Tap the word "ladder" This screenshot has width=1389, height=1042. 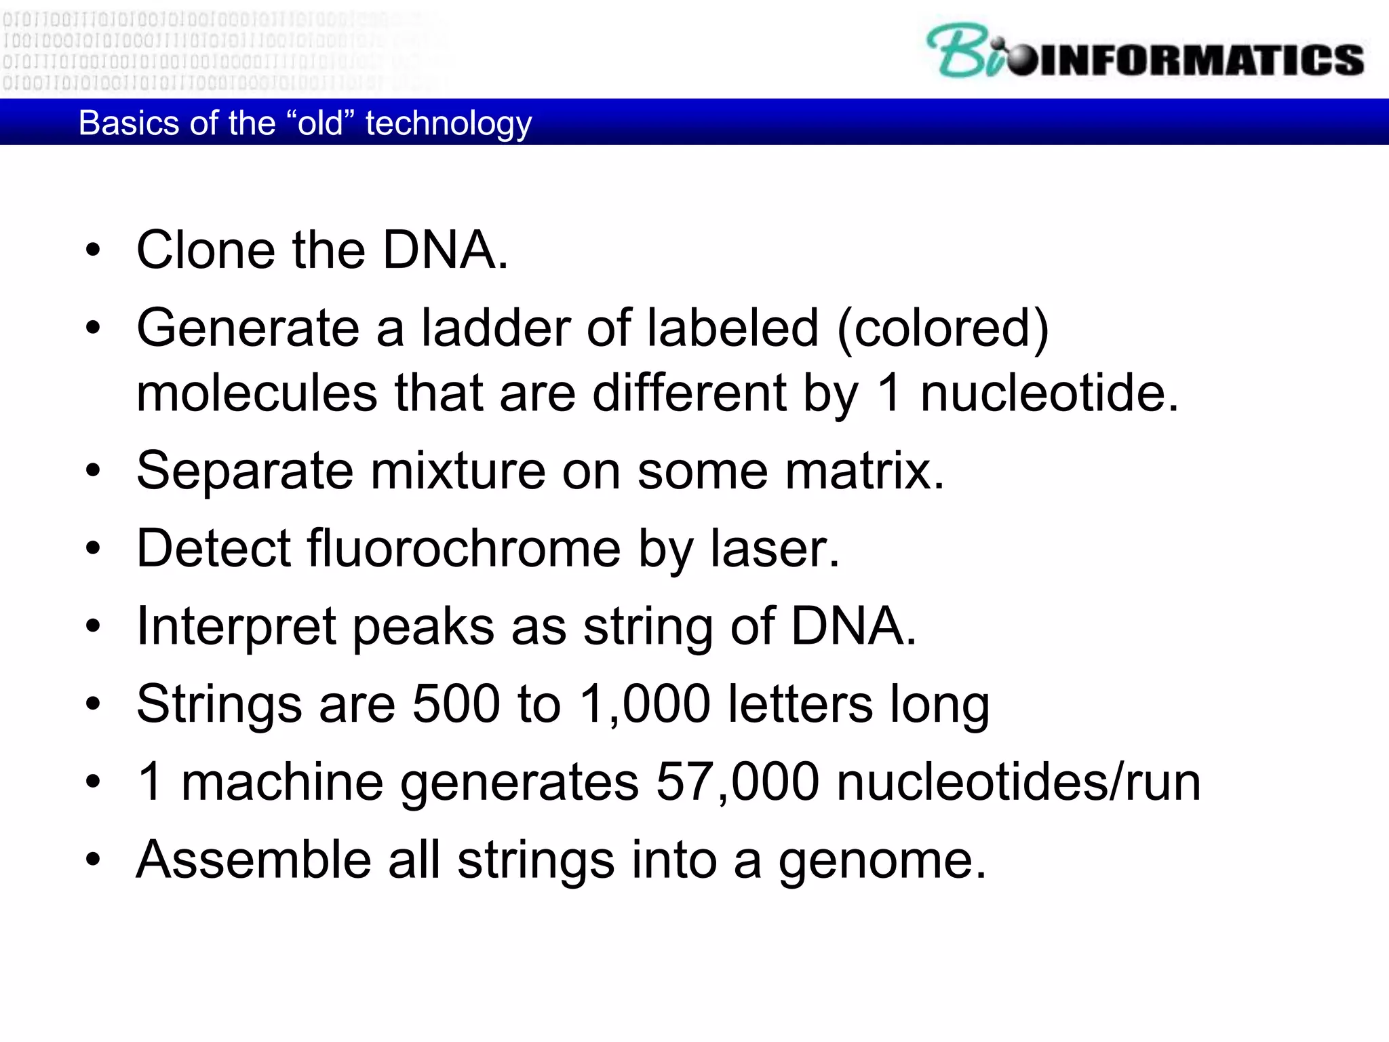click(x=496, y=328)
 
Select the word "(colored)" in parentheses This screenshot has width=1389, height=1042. click(x=943, y=328)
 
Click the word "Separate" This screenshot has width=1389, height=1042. click(x=245, y=471)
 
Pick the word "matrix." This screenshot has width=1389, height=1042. click(x=864, y=471)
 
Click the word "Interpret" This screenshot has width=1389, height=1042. click(x=236, y=626)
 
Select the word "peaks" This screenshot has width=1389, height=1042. click(x=424, y=626)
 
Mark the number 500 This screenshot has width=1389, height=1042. click(x=456, y=704)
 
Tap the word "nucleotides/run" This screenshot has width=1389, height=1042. click(x=1018, y=782)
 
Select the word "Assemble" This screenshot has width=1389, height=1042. click(x=254, y=860)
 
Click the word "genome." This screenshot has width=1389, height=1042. click(x=882, y=860)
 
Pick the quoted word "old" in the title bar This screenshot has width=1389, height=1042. click(x=320, y=123)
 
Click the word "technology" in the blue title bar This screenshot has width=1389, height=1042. click(x=448, y=123)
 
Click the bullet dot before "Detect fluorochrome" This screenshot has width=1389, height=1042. click(x=93, y=548)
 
